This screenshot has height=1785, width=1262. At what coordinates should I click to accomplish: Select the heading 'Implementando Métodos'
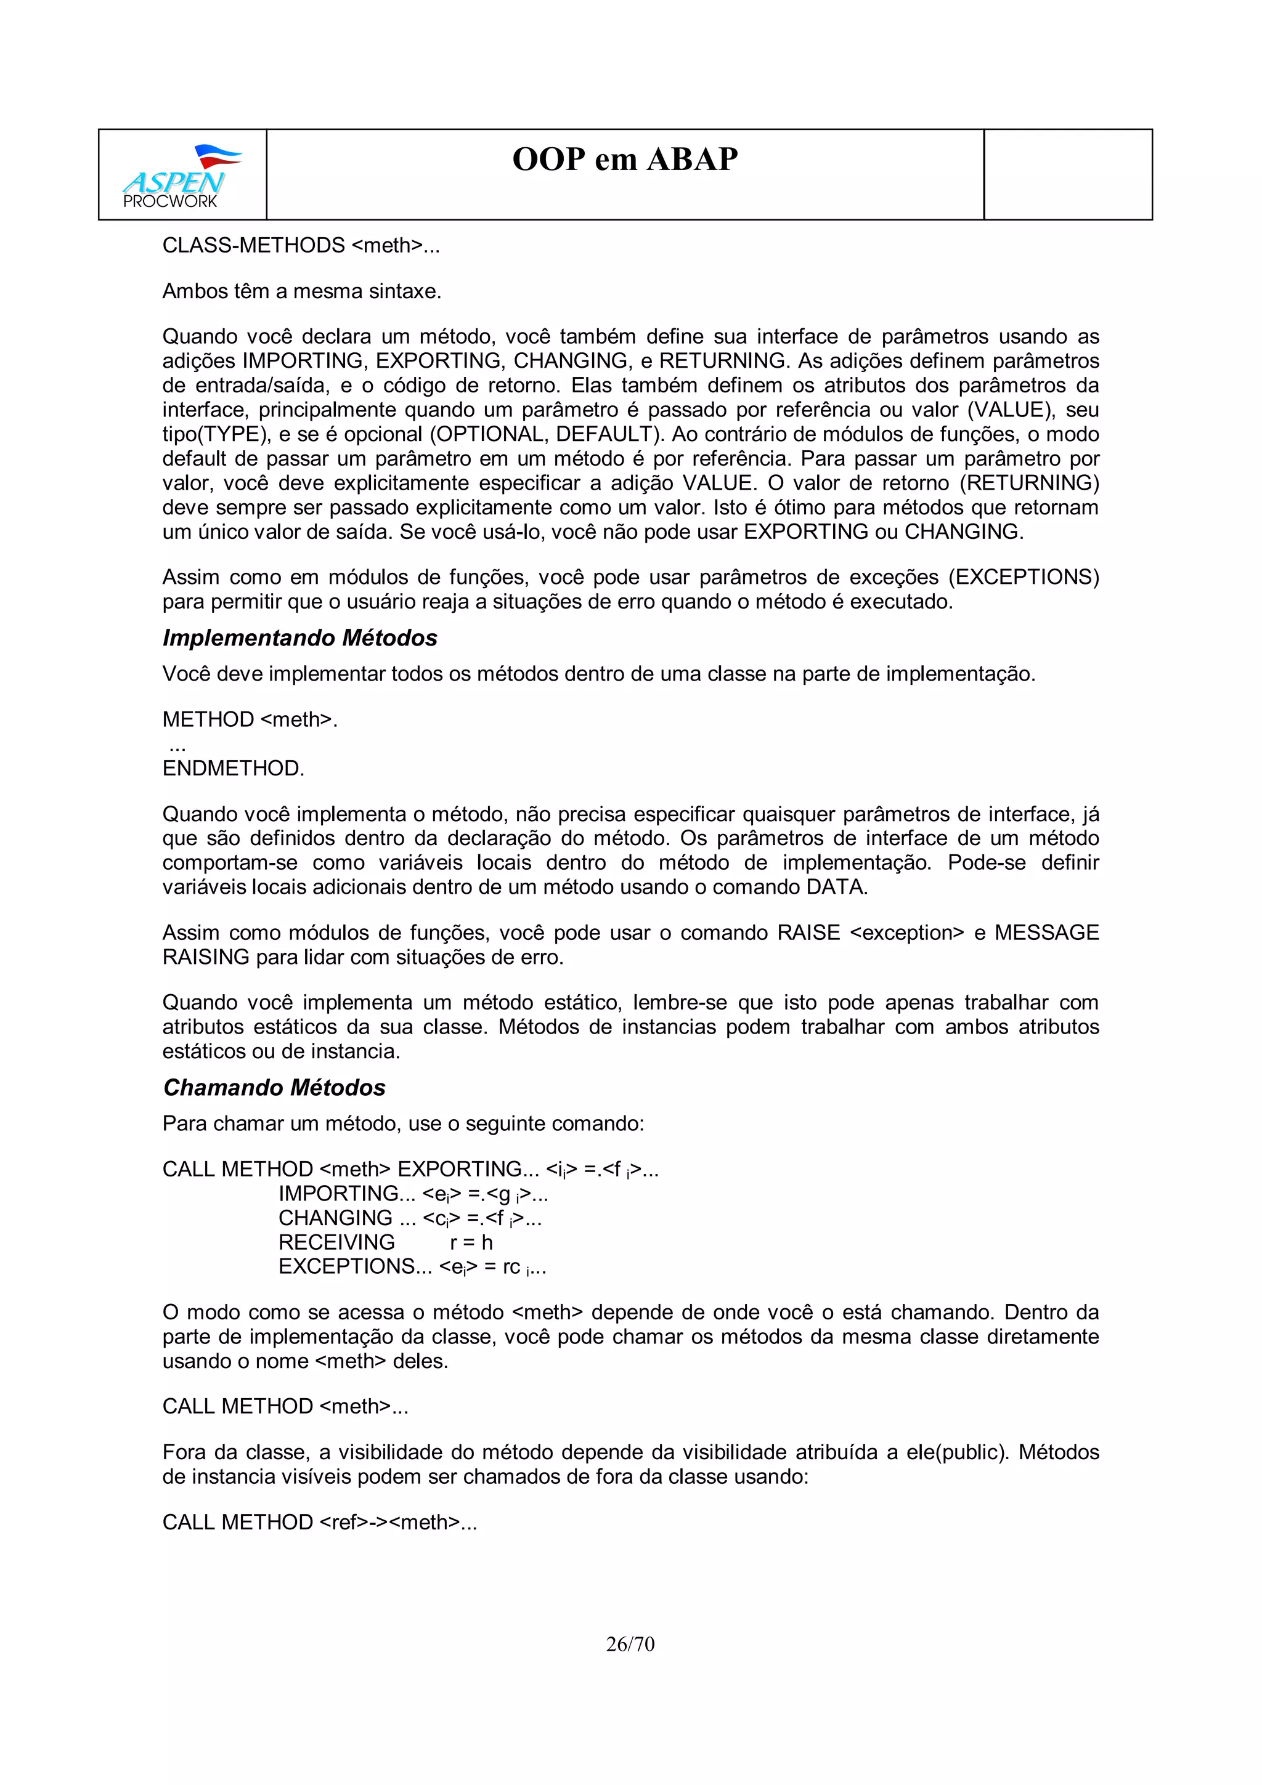point(299,637)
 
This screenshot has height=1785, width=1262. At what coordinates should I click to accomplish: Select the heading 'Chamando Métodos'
point(274,1087)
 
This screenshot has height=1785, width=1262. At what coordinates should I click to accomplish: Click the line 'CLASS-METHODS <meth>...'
point(300,245)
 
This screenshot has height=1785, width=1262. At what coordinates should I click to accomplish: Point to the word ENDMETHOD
point(232,768)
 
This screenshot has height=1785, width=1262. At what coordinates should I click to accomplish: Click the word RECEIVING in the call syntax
point(336,1242)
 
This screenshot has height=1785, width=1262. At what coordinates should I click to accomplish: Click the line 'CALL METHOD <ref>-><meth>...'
point(319,1521)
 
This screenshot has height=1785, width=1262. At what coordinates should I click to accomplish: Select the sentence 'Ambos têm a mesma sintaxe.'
point(302,291)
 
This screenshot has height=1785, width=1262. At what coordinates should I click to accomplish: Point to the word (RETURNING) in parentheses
point(1028,483)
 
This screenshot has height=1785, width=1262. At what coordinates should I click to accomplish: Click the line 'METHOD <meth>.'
point(250,719)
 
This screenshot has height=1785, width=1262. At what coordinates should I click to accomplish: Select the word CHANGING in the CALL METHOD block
point(336,1218)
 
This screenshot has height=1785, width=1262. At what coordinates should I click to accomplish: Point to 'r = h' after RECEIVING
point(471,1242)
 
